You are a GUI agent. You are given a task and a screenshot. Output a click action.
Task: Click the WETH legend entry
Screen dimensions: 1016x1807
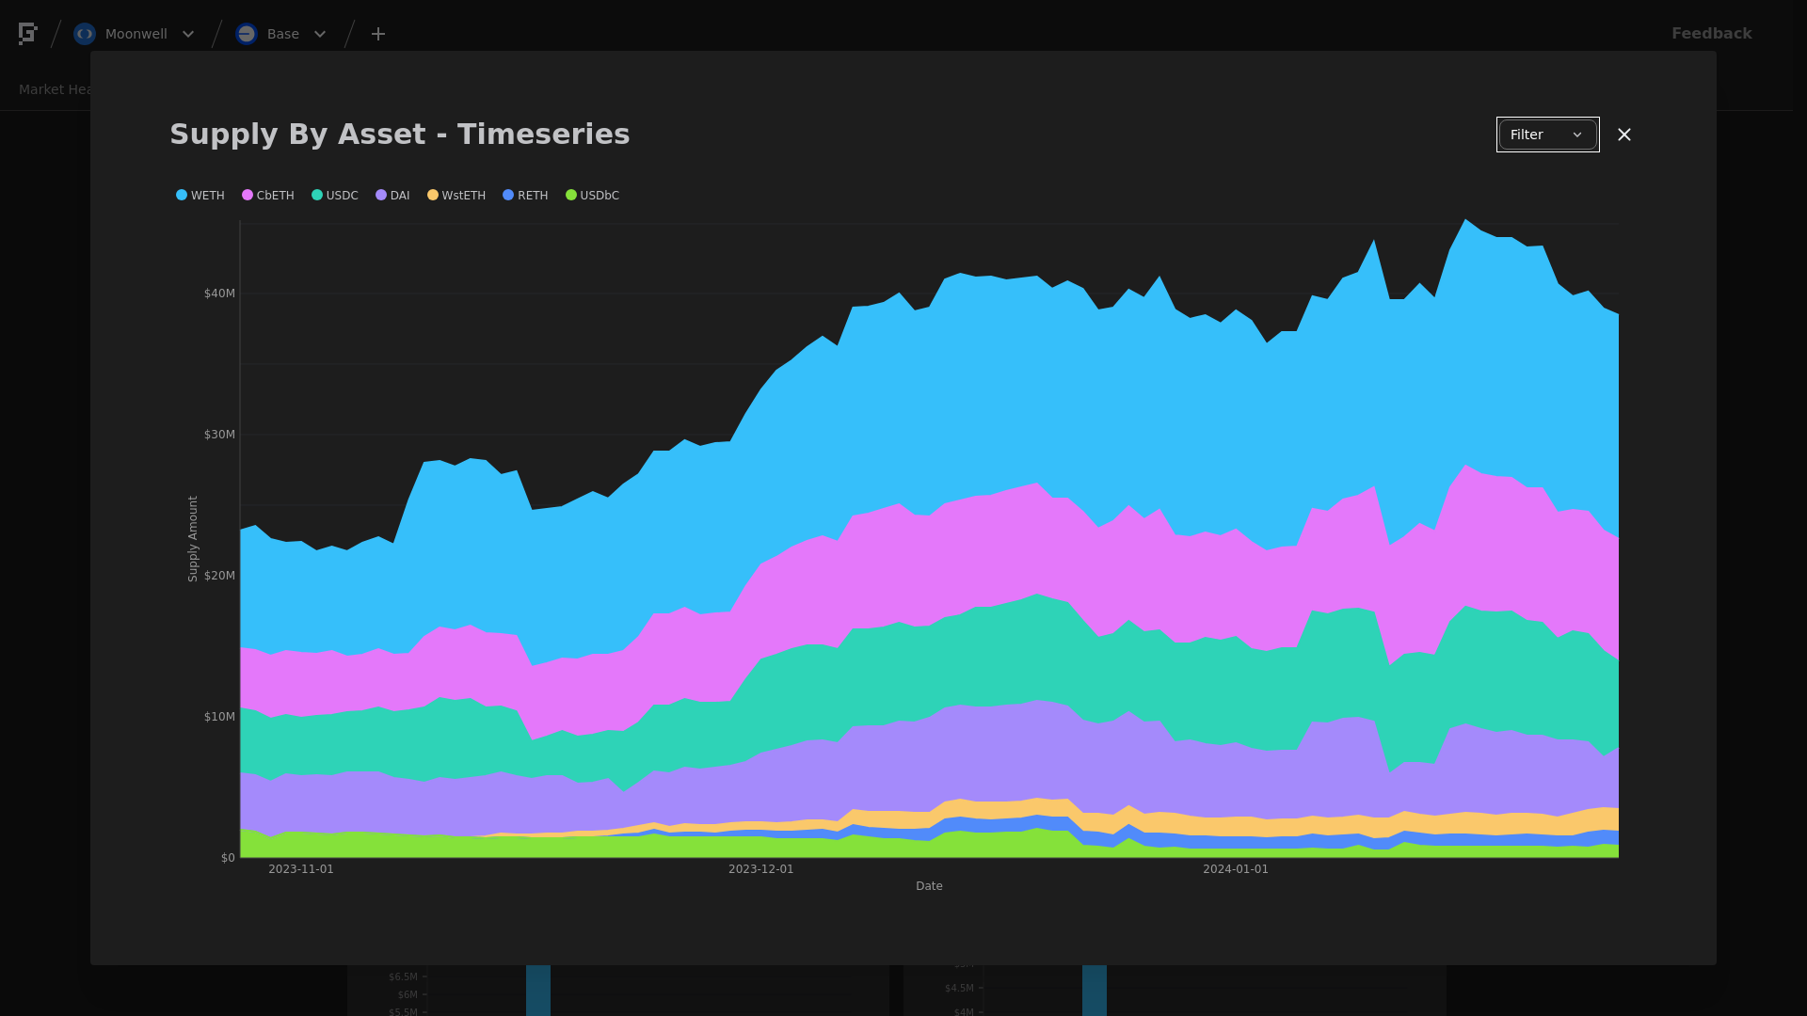pos(200,196)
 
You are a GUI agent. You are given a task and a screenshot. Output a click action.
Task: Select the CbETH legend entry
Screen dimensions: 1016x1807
pos(268,196)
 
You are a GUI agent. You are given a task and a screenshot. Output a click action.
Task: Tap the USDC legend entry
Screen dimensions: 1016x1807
pos(335,196)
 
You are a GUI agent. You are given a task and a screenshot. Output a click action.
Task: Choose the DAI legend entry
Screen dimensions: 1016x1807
pos(393,196)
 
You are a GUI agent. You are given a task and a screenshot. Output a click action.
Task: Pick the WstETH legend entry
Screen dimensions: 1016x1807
pos(456,196)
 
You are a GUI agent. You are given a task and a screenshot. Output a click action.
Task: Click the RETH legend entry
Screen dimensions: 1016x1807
pos(525,196)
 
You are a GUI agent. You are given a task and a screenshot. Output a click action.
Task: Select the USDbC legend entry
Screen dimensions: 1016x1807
pos(593,196)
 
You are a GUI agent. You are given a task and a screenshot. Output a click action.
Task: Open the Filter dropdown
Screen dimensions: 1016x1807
pos(1547,135)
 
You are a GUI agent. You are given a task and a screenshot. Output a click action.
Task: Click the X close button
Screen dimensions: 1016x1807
pos(1624,135)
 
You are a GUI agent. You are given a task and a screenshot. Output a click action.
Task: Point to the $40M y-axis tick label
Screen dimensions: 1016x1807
pos(219,294)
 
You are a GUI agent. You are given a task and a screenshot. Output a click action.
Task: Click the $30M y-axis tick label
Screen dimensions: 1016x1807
pos(219,435)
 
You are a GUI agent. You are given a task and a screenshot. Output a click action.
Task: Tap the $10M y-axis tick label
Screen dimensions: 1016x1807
pos(219,717)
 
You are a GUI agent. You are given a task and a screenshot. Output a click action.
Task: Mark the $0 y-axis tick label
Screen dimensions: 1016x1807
pos(228,858)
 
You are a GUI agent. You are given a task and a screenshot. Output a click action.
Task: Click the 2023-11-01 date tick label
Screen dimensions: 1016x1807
pos(301,869)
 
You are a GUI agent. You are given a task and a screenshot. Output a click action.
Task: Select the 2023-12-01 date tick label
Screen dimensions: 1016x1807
pos(760,869)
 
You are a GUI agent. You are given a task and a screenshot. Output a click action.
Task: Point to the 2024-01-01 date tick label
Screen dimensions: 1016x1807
pos(1236,869)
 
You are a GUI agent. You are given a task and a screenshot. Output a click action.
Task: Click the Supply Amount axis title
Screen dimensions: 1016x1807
pos(193,539)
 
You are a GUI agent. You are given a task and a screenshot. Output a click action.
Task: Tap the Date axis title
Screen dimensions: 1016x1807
pos(929,886)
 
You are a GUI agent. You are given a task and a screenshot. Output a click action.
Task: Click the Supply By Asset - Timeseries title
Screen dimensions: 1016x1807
pos(400,135)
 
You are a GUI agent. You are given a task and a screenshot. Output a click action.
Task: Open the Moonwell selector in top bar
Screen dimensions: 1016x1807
pos(136,34)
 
